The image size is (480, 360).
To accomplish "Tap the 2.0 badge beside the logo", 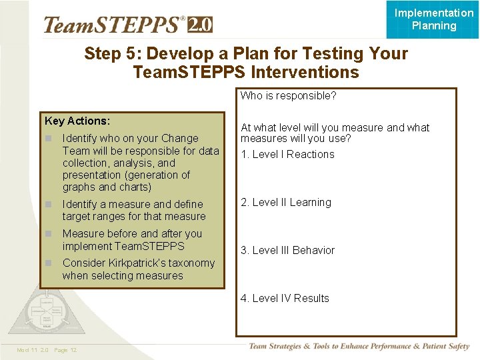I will tap(200, 25).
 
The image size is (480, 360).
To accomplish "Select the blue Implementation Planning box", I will tap(433, 19).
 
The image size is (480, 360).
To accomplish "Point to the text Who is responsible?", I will tap(288, 96).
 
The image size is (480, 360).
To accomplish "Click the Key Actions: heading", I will tap(77, 121).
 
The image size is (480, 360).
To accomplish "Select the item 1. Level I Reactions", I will tap(287, 155).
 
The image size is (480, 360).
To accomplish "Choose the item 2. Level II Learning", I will tap(285, 203).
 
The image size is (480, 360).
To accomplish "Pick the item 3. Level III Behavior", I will tap(287, 251).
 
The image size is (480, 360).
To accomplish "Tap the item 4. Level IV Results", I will tap(285, 299).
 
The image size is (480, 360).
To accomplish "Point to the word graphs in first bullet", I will tap(79, 187).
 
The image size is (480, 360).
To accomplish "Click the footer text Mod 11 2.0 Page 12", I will tap(47, 350).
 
